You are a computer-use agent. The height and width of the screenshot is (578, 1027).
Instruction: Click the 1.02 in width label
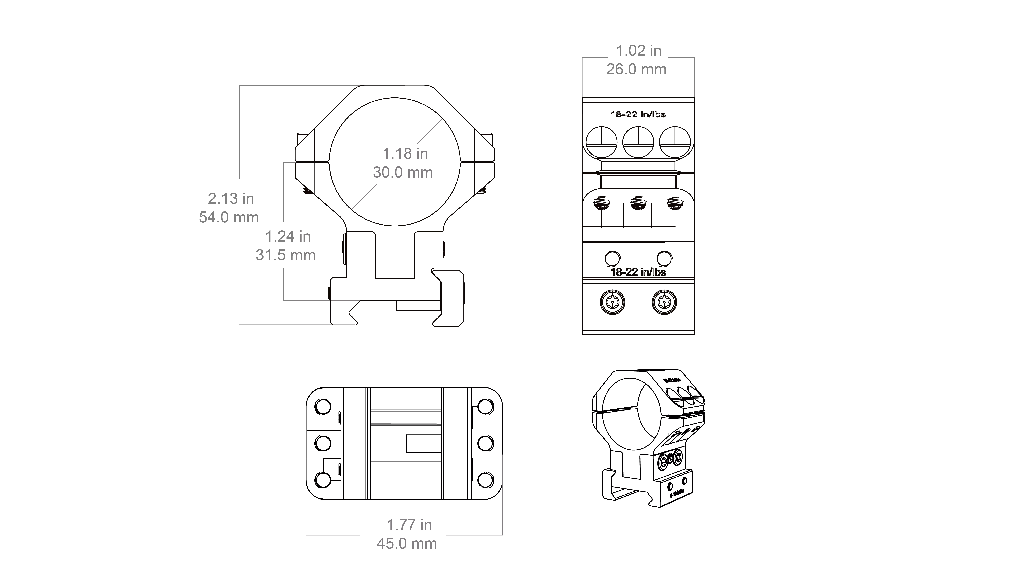[639, 51]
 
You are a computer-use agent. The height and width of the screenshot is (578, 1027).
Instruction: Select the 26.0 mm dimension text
[636, 69]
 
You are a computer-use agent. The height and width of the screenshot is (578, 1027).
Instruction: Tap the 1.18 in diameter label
[405, 154]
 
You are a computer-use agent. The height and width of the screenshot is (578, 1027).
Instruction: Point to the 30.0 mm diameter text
[403, 172]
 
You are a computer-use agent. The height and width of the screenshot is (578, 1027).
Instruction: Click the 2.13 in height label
[231, 199]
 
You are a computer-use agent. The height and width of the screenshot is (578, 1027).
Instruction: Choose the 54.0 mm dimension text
[229, 217]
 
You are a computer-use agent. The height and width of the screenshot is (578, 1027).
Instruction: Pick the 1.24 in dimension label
[288, 237]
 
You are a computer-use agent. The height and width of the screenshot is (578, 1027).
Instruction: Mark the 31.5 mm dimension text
[286, 255]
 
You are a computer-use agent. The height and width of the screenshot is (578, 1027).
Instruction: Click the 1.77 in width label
[409, 525]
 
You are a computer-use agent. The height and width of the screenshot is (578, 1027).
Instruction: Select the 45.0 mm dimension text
[407, 544]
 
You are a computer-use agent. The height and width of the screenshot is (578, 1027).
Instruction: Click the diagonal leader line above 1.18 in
[429, 131]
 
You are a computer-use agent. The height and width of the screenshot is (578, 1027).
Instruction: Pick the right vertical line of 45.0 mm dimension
[503, 495]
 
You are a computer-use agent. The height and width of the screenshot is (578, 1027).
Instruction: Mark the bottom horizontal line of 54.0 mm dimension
[285, 325]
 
